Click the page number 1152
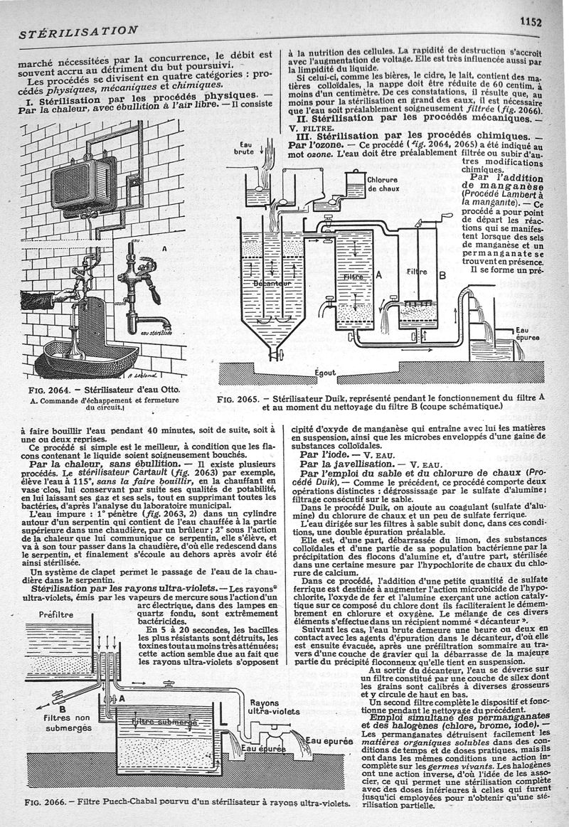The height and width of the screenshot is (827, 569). (x=530, y=21)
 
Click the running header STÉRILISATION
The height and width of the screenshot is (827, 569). (x=78, y=31)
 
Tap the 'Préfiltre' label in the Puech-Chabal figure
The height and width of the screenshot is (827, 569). (x=57, y=615)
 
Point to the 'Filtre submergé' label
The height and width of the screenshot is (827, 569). (x=166, y=722)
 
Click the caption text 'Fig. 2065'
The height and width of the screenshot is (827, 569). (x=240, y=399)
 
